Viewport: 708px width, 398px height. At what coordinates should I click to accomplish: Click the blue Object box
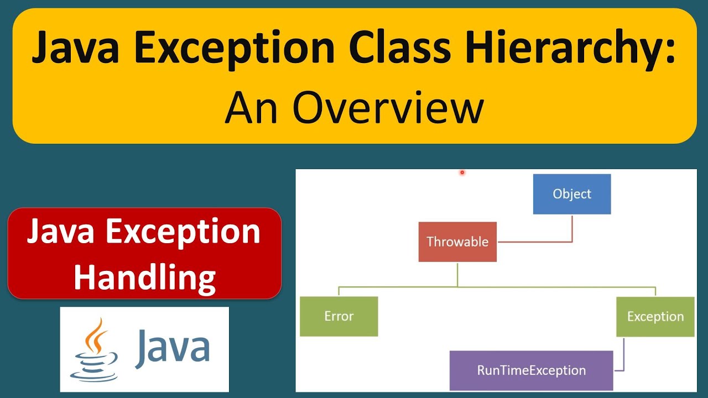point(571,194)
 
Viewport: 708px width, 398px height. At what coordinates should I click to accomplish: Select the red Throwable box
point(457,242)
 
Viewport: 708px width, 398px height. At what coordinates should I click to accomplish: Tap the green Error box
point(339,316)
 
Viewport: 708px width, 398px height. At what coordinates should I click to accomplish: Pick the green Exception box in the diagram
point(655,317)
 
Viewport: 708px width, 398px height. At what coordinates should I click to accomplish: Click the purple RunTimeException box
point(531,370)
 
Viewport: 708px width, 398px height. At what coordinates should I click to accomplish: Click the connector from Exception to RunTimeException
point(623,359)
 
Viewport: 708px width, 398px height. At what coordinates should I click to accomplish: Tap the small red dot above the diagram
point(462,172)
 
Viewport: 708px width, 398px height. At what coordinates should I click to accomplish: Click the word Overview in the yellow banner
point(388,108)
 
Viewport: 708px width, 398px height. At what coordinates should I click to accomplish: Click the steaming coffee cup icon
point(95,350)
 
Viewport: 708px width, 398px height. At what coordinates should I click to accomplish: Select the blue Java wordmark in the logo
point(172,348)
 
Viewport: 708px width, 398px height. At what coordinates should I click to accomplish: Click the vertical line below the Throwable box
point(457,274)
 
